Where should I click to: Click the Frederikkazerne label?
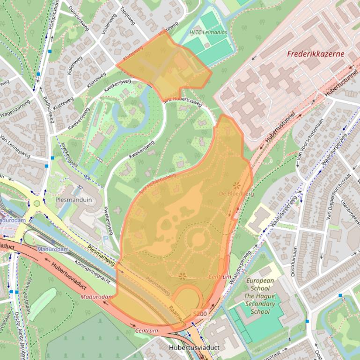coord(316,54)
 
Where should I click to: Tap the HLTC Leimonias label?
coord(208,33)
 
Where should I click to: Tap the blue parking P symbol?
coord(105,238)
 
